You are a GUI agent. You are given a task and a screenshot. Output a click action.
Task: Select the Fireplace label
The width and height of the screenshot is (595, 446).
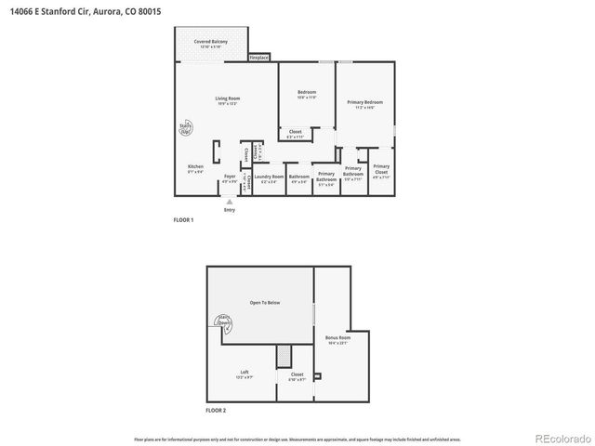[259, 58]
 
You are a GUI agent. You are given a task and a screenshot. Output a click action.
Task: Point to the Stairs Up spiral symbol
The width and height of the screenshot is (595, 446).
[185, 129]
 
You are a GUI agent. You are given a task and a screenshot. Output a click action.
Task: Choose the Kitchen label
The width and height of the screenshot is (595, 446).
[195, 168]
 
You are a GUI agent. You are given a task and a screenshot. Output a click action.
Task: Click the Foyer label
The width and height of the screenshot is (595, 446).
[230, 177]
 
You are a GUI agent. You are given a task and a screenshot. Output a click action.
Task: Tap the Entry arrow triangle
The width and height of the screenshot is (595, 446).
[230, 200]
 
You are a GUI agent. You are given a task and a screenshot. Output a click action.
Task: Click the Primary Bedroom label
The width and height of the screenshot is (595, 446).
[364, 104]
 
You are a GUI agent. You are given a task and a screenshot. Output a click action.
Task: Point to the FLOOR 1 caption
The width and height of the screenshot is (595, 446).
[184, 220]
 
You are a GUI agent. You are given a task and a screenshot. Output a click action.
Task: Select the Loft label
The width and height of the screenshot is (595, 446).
[244, 374]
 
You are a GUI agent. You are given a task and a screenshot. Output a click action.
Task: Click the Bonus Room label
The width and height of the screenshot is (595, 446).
[337, 339]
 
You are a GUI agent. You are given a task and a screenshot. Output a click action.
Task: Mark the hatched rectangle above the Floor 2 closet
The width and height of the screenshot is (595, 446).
[284, 355]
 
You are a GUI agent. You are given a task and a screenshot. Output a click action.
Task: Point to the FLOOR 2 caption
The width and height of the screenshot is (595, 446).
[216, 410]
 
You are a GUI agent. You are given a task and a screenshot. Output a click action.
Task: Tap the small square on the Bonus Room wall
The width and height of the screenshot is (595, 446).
[318, 376]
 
